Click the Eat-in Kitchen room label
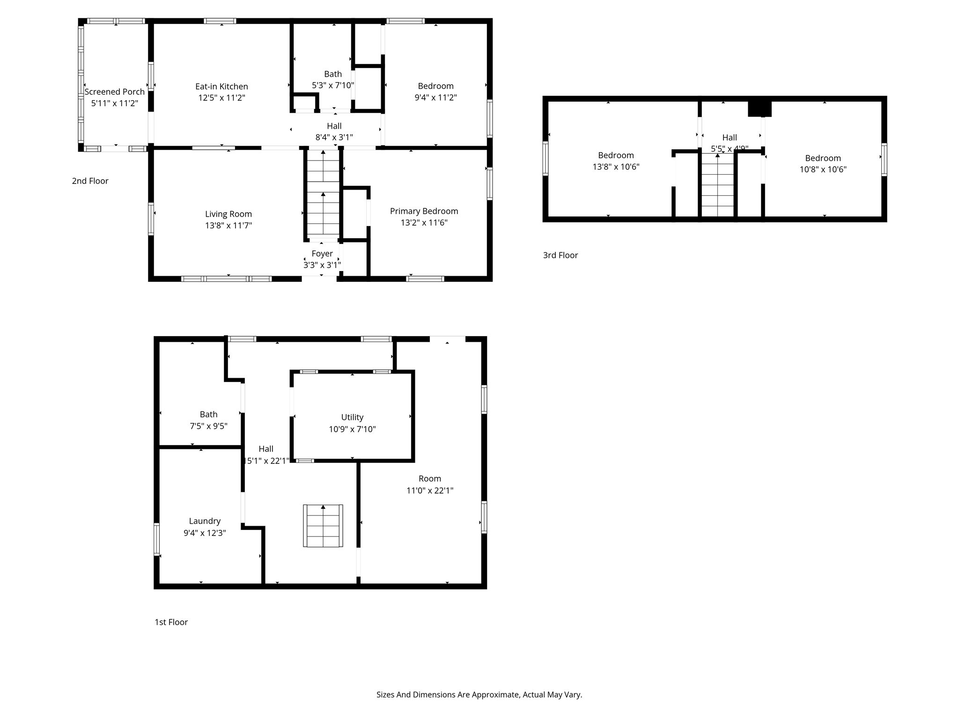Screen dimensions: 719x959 221,87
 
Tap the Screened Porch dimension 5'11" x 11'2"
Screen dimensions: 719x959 114,103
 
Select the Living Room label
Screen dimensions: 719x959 228,214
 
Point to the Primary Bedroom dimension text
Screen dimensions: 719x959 424,223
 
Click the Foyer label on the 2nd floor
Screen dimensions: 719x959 322,254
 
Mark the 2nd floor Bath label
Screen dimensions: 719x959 332,74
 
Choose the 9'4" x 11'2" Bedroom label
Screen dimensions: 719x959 435,86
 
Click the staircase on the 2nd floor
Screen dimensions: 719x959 323,194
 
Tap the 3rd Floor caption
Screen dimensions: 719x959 560,255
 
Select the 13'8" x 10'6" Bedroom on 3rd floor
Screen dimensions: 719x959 615,155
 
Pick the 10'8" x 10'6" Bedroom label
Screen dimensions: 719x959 823,158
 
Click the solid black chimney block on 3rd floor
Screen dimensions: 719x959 759,109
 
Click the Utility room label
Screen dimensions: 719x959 352,417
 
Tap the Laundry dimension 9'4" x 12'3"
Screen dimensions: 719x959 205,533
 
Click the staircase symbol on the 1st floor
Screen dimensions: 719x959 323,526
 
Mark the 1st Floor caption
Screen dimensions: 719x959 171,622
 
